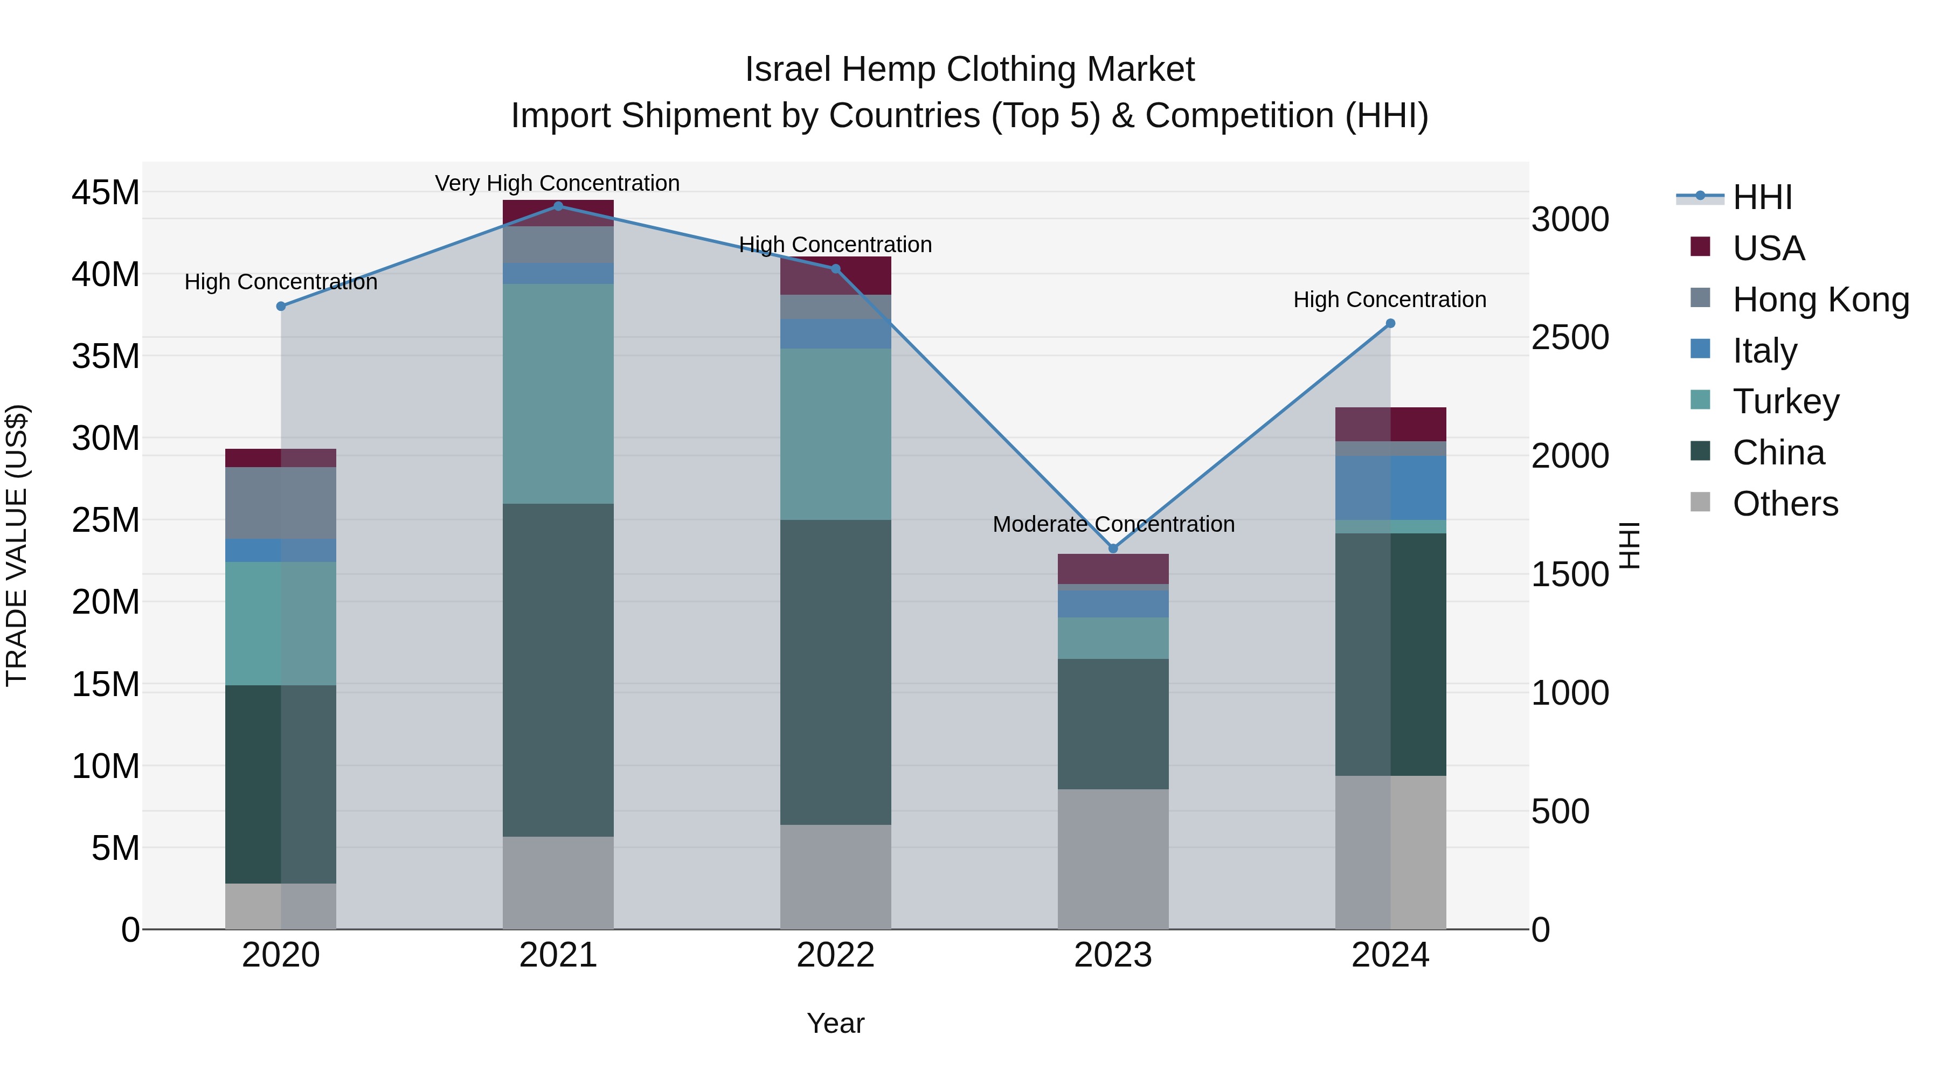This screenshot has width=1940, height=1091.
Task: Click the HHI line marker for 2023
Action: [x=1113, y=548]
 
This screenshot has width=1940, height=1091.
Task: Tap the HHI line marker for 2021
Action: [x=558, y=206]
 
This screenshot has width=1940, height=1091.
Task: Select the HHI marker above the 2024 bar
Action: [x=1390, y=323]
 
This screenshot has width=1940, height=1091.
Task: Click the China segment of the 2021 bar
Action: [x=558, y=670]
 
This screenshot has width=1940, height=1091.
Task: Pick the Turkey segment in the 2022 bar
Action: [x=835, y=434]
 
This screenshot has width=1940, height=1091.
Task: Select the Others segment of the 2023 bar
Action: [x=1113, y=859]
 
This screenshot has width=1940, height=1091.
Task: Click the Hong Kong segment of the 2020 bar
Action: [x=280, y=503]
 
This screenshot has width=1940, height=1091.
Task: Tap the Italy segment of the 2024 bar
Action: [x=1390, y=487]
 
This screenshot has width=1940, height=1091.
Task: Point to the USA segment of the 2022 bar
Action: [x=835, y=275]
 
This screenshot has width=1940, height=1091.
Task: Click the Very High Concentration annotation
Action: [x=557, y=183]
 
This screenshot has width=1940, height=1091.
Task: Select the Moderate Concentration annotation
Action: [x=1113, y=524]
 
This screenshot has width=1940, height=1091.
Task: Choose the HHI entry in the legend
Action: [x=1762, y=197]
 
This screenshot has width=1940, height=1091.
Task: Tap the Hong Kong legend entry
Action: [x=1820, y=300]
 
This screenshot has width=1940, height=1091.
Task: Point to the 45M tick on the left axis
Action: [x=106, y=193]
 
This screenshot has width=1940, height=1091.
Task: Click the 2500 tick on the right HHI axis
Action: [x=1570, y=337]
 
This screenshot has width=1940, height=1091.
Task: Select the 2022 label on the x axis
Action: [x=835, y=955]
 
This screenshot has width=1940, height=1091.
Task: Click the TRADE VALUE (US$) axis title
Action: [x=17, y=546]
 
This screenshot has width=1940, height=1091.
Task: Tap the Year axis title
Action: [x=835, y=1023]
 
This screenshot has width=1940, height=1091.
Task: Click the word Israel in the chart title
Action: [x=788, y=70]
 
